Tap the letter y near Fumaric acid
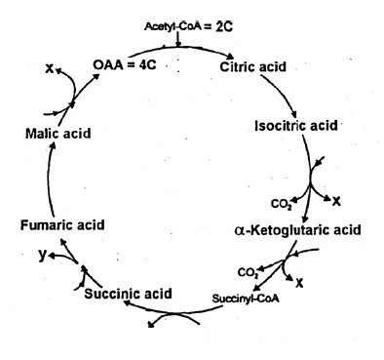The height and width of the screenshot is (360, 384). (x=39, y=254)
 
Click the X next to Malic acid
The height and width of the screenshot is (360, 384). (x=49, y=70)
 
